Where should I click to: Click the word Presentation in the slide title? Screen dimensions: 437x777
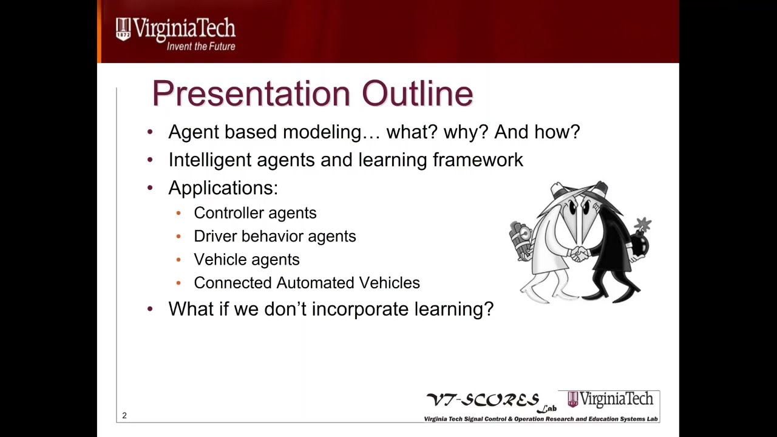click(251, 94)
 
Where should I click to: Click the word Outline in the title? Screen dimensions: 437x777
click(418, 94)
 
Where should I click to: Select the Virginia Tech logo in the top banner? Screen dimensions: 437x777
click(175, 29)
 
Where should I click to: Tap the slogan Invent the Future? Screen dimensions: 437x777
click(201, 47)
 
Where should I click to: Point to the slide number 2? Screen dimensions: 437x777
click(124, 416)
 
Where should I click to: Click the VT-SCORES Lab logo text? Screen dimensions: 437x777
click(483, 401)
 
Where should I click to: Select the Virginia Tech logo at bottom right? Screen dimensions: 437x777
click(610, 399)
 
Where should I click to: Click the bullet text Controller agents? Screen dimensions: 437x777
click(255, 213)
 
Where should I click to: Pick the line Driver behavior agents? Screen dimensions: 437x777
click(274, 236)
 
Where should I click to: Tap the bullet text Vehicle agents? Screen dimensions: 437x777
click(246, 260)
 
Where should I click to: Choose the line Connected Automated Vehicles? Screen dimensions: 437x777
click(307, 283)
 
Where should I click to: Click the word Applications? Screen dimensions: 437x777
click(223, 188)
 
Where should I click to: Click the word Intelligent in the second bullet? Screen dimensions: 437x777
click(209, 160)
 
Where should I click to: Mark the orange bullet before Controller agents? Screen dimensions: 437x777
click(178, 213)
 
